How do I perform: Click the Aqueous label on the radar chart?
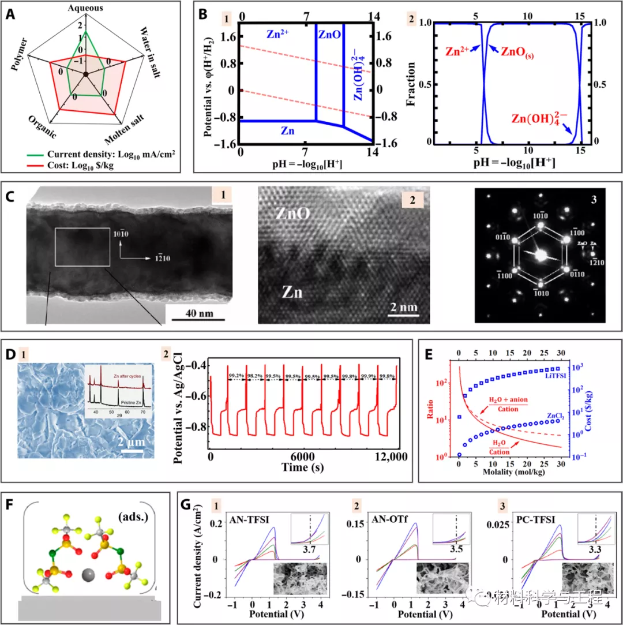[85, 7]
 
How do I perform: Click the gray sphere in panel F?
[88, 574]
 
